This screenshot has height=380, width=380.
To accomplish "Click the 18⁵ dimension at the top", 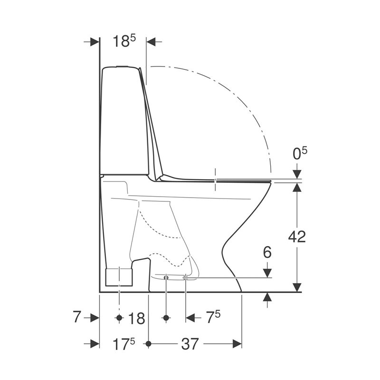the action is point(124,41).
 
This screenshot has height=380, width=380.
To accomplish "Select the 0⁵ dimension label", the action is point(300,153).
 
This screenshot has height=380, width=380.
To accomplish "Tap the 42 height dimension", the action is point(297,237).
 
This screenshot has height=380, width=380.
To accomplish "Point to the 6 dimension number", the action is point(267,253).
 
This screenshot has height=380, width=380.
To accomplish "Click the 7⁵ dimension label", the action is point(213,317).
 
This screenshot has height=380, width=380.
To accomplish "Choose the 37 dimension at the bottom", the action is point(190,343).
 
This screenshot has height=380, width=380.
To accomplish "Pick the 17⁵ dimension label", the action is point(123,344).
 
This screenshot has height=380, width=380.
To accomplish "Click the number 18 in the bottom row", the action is point(137,318).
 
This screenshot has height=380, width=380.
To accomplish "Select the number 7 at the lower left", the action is point(76,316).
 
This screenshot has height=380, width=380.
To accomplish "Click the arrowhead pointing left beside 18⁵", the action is point(151,42).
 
